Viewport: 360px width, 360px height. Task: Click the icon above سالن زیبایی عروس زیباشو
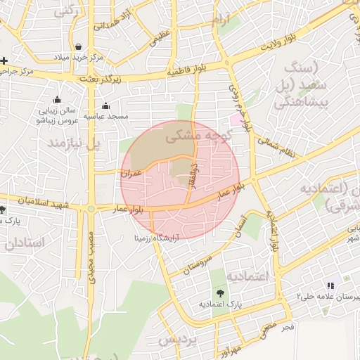click(57, 100)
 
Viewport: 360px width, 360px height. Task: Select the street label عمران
click(131, 172)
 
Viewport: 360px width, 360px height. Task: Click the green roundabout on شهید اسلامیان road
click(91, 209)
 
